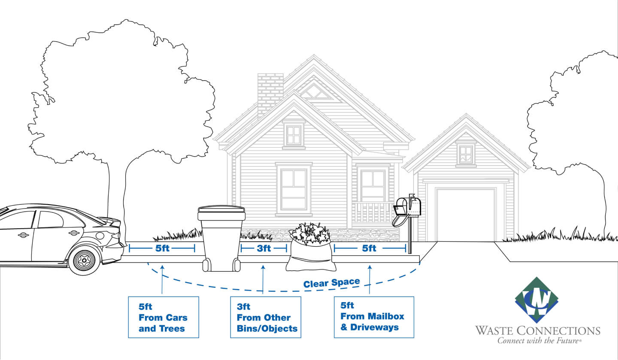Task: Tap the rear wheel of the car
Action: click(x=84, y=259)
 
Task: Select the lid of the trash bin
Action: click(x=221, y=210)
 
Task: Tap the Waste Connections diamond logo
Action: click(x=536, y=300)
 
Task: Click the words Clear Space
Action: click(x=331, y=283)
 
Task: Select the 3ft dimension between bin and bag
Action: click(x=264, y=248)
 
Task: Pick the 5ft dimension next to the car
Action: click(x=162, y=248)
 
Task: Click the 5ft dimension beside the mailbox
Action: click(x=370, y=248)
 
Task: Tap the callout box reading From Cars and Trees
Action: click(x=163, y=317)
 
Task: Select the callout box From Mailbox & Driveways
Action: click(x=373, y=316)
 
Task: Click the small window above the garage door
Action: click(x=466, y=154)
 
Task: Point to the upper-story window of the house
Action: click(x=294, y=135)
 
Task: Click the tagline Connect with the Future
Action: click(x=539, y=341)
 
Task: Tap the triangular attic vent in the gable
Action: click(x=316, y=92)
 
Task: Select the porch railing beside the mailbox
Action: click(x=372, y=212)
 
